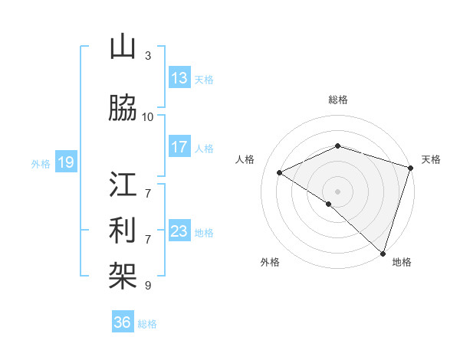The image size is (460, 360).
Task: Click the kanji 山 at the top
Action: tap(123, 47)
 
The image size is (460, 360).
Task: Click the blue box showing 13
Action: tap(179, 78)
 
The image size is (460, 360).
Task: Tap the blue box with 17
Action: tap(179, 147)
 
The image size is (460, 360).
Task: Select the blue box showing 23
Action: tap(179, 231)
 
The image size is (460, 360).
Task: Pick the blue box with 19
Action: tap(65, 162)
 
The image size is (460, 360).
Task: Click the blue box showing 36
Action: tap(123, 322)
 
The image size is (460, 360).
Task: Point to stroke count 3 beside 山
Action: tap(147, 56)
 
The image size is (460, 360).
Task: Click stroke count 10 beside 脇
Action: tap(148, 116)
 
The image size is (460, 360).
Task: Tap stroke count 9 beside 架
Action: tap(147, 286)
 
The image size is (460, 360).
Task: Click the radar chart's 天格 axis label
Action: tap(431, 159)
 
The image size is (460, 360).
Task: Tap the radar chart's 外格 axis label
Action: tap(270, 262)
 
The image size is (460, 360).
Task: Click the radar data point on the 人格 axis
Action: tap(280, 173)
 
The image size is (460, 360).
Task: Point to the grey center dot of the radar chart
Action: tap(337, 191)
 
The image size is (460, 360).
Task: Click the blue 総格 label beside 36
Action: tap(147, 324)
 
